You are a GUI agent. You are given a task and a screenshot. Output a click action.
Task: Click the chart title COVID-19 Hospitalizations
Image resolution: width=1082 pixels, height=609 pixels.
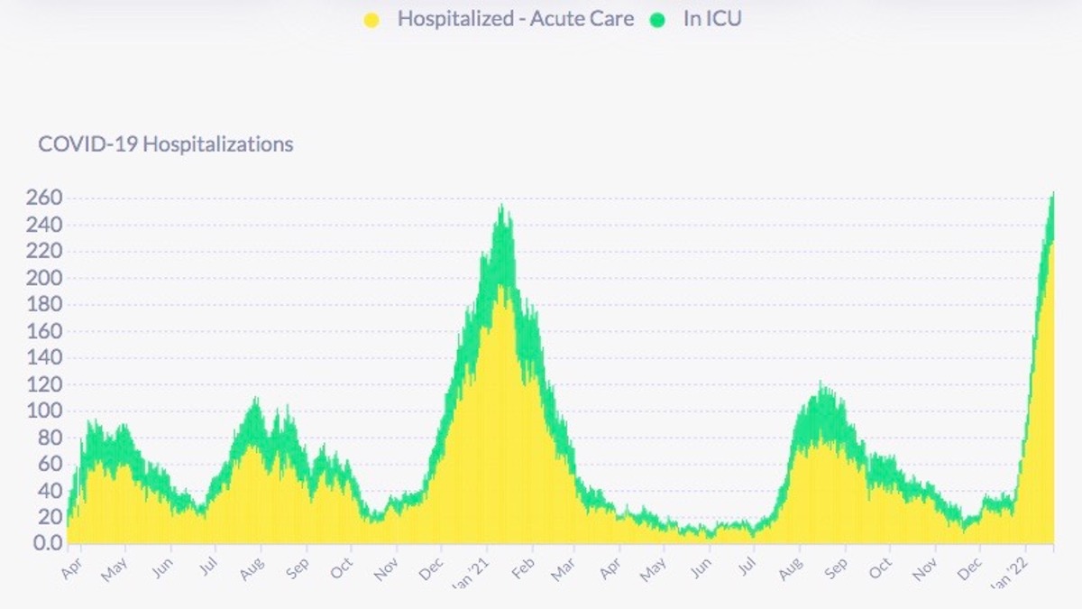coord(166,144)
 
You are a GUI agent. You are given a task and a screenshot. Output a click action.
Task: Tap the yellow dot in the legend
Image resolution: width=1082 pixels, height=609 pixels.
coord(371,20)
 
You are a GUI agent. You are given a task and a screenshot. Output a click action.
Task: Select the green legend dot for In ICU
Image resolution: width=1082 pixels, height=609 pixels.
coord(656,20)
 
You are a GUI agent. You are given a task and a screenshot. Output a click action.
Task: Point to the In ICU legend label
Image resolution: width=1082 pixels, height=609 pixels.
coord(711,19)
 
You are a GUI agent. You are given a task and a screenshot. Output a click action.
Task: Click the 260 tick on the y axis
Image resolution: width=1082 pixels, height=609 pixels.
coord(42,198)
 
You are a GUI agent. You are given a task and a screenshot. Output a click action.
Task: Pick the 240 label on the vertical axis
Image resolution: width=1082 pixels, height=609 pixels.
coord(42,225)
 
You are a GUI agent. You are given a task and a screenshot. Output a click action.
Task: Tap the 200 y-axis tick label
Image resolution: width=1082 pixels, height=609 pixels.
coord(42,278)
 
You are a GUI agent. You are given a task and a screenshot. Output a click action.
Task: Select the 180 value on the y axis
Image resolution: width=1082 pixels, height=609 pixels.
coord(42,304)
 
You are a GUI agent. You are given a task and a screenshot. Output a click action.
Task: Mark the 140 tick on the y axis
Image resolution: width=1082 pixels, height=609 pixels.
coord(42,357)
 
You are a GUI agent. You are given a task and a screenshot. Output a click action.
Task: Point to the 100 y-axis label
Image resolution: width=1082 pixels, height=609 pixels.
coord(42,411)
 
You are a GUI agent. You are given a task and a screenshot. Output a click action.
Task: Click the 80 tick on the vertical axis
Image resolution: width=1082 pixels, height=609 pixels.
coord(47,438)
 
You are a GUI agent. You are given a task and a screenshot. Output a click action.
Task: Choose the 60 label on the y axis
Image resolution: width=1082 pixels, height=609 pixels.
coord(47,464)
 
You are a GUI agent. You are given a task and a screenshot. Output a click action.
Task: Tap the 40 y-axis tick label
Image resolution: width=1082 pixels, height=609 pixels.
coord(47,491)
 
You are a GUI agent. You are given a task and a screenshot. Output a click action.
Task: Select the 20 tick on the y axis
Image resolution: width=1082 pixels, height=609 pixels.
coord(47,517)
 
